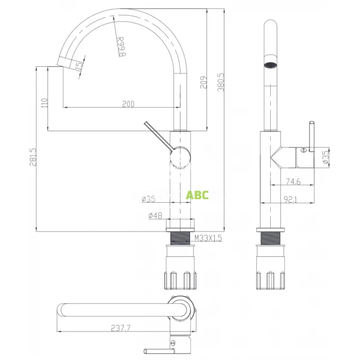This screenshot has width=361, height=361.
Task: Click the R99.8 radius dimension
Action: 121,46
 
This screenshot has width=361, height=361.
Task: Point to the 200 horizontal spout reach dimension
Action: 128,103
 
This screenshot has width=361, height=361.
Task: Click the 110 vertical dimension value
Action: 44,103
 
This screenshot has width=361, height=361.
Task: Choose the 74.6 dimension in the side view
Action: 293,180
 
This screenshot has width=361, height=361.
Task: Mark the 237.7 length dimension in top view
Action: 122,327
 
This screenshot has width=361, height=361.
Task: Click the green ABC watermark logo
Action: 197,195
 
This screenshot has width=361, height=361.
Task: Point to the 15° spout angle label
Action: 79,66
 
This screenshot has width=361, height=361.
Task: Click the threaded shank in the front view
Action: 182,239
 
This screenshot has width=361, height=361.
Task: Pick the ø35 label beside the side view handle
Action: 325,158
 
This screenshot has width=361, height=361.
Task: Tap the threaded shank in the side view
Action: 272,239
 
